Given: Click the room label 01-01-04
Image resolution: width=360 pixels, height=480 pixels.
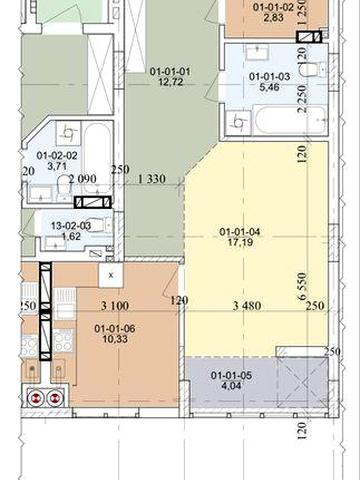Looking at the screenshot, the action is coord(240,232).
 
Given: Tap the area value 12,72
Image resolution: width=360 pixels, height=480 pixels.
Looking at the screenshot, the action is coord(171,82).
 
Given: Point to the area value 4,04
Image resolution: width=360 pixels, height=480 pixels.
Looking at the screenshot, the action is coord(231,386).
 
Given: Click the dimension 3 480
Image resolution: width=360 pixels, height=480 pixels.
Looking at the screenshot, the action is coord(247,306).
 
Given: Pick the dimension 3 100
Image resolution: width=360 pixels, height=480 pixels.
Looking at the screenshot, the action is coord(115,306).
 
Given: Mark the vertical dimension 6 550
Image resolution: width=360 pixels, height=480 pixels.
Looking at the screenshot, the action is coord(302,286).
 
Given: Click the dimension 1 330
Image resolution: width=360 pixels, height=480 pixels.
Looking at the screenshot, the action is coord(152,179).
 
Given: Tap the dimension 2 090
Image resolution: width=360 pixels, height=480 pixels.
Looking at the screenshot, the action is coord(82,179).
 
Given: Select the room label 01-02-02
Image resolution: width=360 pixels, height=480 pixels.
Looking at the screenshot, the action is coord(57,155).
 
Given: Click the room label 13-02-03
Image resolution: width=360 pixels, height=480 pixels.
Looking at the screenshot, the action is coord(71,226).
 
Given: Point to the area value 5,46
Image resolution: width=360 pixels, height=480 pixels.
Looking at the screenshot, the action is coord(269,87).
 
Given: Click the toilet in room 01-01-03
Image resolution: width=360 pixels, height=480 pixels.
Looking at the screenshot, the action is coord(313,69).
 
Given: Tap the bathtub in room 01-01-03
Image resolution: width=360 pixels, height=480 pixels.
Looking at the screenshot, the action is coord(289,120).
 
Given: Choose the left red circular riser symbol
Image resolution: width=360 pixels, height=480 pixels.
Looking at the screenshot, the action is coord(34,398).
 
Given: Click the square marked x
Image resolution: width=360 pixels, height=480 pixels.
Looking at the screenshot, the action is coord(111,275).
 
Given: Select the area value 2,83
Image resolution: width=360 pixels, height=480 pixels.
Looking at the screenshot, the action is coord(273,18).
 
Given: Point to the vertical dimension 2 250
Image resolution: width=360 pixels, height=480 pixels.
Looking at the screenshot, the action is coord(302,99).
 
